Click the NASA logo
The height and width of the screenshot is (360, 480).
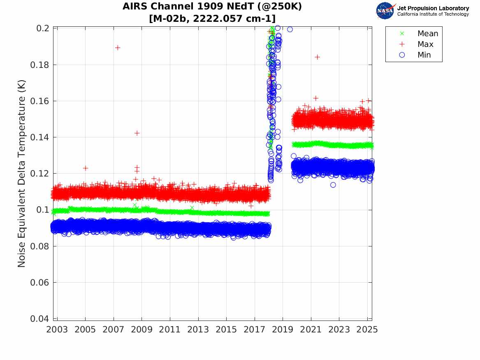point(385,10)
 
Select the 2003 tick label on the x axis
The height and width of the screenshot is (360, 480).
point(57,330)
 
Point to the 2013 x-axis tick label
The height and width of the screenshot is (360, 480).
point(198,330)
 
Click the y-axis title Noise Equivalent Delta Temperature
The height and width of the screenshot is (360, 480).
point(22,173)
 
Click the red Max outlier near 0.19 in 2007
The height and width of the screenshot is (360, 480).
point(118,48)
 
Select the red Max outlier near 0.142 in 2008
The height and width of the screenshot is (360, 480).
point(137,133)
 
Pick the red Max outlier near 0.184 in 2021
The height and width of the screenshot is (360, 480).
point(317,57)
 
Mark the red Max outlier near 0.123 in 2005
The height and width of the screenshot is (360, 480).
point(85,168)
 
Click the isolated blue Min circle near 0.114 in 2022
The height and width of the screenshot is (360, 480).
point(333,185)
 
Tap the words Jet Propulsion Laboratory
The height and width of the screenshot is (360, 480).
point(433,8)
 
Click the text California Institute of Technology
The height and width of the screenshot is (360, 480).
point(433,14)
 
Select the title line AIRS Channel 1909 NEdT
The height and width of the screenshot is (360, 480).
point(212,7)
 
